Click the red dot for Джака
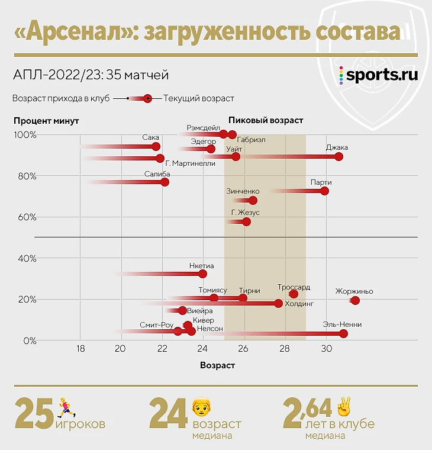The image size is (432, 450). coord(338,157)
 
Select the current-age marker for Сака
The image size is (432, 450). coord(156,147)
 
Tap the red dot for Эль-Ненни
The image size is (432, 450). coord(344,334)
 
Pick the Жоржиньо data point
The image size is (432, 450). coord(355,301)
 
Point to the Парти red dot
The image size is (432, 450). coord(324,191)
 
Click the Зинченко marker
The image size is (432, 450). coord(253,201)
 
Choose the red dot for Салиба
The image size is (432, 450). coord(165,182)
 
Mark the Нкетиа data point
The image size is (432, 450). coord(203,274)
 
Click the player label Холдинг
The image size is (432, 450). coord(299,304)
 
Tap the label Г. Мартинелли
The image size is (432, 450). coord(191,164)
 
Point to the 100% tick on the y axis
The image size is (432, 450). coord(25,135)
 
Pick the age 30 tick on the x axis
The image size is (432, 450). coord(325,349)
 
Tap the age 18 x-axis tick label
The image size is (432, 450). coord(81,349)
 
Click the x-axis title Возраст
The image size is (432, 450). coord(218,365)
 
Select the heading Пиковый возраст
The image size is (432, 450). coord(266,120)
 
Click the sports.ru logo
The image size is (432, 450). coord(379,75)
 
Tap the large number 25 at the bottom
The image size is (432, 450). coord(34,414)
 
